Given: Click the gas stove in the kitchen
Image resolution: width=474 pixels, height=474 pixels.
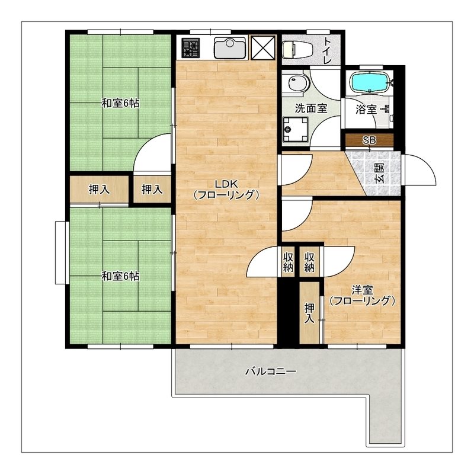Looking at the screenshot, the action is pyautogui.click(x=190, y=47).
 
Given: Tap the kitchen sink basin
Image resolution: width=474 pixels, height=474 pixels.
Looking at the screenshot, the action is pyautogui.click(x=230, y=47).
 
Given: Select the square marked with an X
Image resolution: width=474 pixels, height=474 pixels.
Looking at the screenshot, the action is pyautogui.click(x=263, y=47).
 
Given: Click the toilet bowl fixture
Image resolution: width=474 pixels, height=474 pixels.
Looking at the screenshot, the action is pyautogui.click(x=297, y=49).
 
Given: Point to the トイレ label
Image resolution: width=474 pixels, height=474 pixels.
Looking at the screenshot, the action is pyautogui.click(x=328, y=50).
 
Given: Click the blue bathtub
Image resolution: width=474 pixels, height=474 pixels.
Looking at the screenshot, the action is pyautogui.click(x=369, y=82).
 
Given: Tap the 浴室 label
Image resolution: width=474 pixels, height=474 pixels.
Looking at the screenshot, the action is pyautogui.click(x=366, y=110).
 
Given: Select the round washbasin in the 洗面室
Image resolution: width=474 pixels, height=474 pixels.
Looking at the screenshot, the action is pyautogui.click(x=298, y=82).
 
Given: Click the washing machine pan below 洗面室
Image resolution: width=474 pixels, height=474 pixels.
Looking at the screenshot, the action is pyautogui.click(x=295, y=129).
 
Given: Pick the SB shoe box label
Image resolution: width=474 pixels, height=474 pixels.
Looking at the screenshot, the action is pyautogui.click(x=369, y=140).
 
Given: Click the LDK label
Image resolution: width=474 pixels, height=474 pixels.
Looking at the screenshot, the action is pyautogui.click(x=227, y=183).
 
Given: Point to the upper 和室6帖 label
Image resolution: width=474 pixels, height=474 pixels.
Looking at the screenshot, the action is pyautogui.click(x=120, y=103).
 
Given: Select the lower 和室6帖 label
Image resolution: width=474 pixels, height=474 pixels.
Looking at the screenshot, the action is pyautogui.click(x=120, y=276).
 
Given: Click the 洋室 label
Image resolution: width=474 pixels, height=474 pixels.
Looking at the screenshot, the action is pyautogui.click(x=362, y=290).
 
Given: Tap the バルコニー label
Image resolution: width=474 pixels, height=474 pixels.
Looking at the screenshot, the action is pyautogui.click(x=271, y=371).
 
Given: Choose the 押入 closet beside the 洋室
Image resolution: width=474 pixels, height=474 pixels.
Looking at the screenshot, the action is pyautogui.click(x=309, y=313).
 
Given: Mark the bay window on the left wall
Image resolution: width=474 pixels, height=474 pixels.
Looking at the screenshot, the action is pyautogui.click(x=60, y=253).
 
